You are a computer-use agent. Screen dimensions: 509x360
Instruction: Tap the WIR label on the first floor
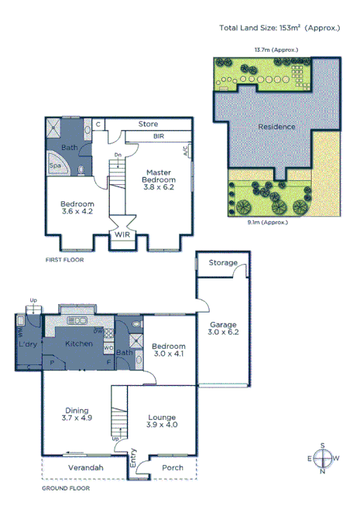pos(122,234)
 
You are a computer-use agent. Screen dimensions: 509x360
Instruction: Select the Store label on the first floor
pos(148,124)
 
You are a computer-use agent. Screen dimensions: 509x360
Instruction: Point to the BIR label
pos(158,136)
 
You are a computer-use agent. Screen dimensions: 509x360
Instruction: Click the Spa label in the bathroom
pos(55,166)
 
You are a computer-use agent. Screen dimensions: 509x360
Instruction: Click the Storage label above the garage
pos(223,263)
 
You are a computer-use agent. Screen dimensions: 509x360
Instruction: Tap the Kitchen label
pos(78,343)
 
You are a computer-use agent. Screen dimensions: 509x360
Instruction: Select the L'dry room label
pos(29,343)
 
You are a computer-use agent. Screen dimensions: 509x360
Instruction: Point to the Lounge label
pos(162,417)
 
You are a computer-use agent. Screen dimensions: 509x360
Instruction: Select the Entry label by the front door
pos(132,462)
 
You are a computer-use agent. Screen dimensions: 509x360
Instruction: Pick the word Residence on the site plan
pos(276,126)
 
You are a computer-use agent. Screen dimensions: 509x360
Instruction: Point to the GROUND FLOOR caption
pos(65,488)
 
